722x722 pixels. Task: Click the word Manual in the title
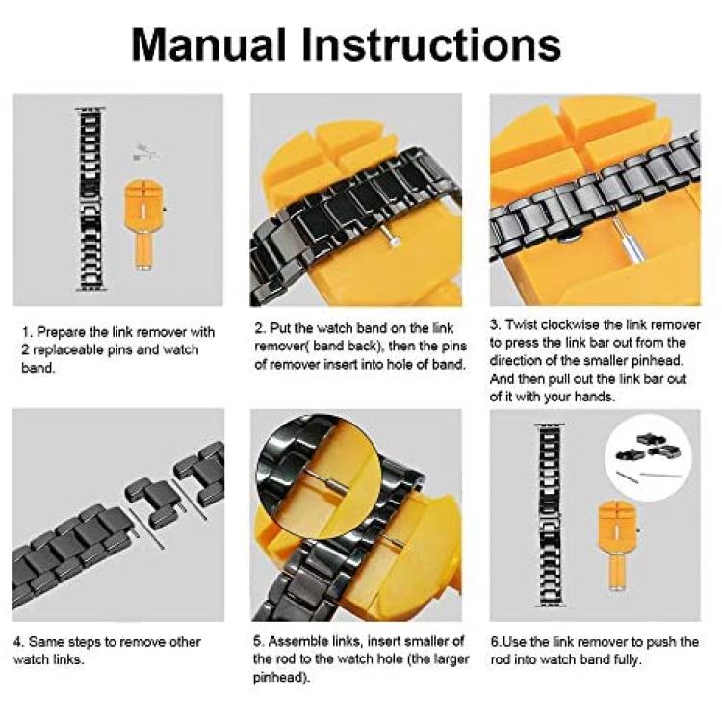click(x=209, y=44)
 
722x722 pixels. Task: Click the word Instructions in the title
click(x=432, y=44)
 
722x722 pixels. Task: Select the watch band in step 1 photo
click(x=90, y=199)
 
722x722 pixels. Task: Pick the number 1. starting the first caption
click(x=27, y=332)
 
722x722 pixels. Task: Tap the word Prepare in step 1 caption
click(x=61, y=332)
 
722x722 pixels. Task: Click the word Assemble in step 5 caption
click(x=298, y=641)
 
